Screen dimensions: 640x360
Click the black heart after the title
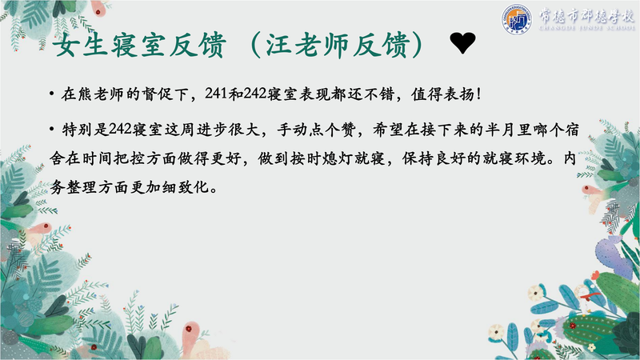point(463,43)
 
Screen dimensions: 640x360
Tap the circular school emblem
point(517,18)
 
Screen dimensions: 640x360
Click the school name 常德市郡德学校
point(586,15)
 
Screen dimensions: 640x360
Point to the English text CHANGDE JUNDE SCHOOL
point(586,28)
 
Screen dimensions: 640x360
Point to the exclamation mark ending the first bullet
point(478,94)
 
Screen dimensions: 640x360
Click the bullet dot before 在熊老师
point(52,94)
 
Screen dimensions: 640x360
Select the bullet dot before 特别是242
point(52,130)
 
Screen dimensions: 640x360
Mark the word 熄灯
point(338,158)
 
